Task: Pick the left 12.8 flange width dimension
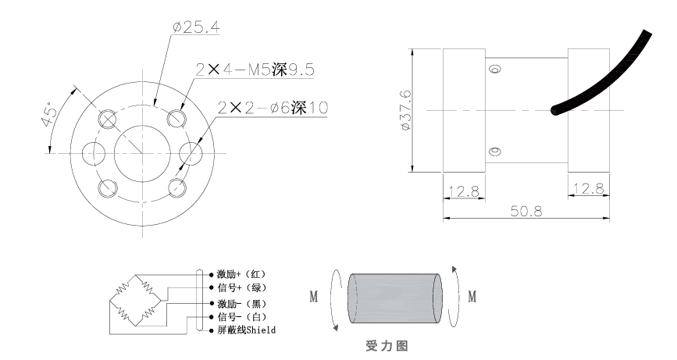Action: click(464, 190)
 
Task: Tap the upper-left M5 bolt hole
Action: click(108, 119)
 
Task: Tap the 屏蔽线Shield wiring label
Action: click(246, 330)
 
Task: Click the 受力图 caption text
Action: click(387, 344)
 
